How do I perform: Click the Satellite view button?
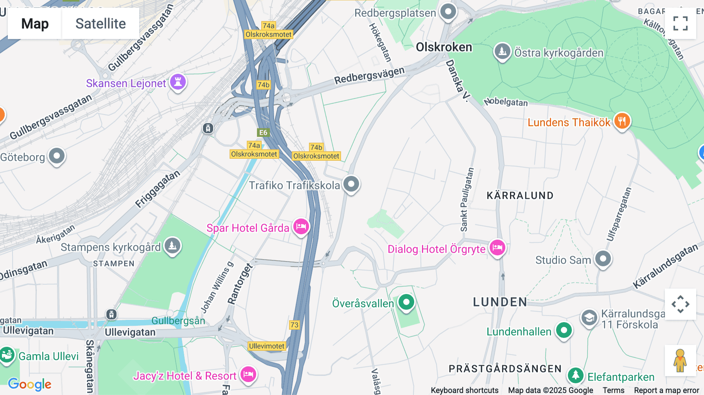(x=101, y=23)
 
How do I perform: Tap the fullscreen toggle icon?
(x=680, y=23)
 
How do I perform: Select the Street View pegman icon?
(x=680, y=360)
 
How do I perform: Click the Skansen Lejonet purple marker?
(x=178, y=82)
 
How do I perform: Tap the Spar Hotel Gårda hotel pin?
(x=301, y=226)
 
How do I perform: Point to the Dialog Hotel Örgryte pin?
(x=497, y=248)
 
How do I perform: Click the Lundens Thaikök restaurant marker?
(x=622, y=121)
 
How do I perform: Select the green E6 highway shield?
(x=263, y=133)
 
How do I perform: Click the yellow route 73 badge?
(x=294, y=325)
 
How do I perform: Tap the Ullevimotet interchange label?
(x=267, y=346)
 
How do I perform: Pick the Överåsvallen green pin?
(x=406, y=302)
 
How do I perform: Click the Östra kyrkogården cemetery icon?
(x=503, y=51)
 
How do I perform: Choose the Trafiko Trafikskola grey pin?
(x=351, y=184)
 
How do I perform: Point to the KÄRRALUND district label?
(x=520, y=196)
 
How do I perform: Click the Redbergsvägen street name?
(x=369, y=75)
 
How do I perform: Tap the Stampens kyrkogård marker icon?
(x=172, y=246)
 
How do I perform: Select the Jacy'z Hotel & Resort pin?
(x=248, y=375)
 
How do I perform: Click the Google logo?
(x=30, y=384)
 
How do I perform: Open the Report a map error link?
(x=666, y=390)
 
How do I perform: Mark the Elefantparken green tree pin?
(x=575, y=375)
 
